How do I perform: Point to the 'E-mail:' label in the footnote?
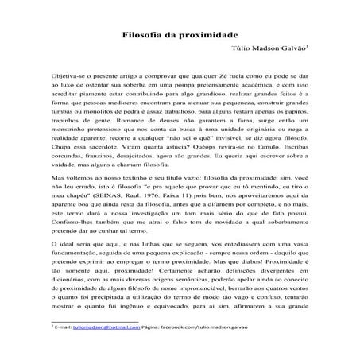click(x=63, y=328)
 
